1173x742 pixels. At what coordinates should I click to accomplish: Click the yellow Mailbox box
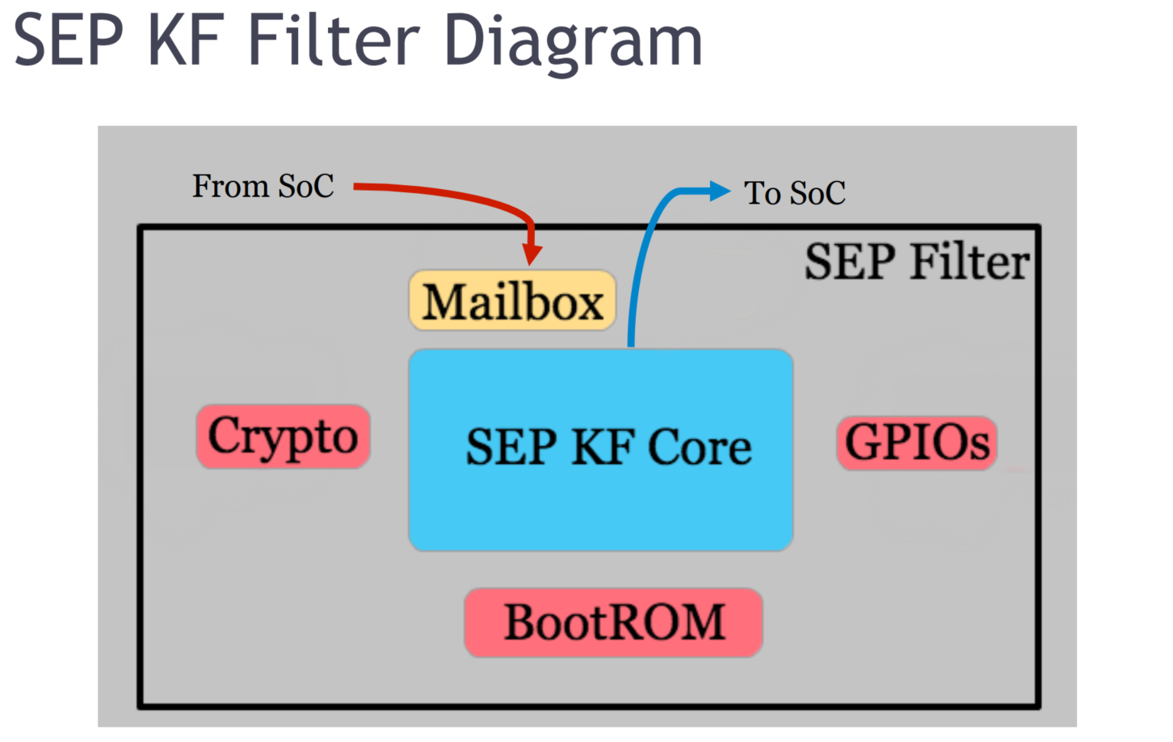point(512,300)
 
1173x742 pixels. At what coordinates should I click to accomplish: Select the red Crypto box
point(284,436)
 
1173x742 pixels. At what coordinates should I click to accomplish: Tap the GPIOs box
point(917,443)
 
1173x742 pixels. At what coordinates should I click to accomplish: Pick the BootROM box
point(613,622)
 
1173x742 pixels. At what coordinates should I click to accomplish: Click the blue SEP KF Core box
point(601,449)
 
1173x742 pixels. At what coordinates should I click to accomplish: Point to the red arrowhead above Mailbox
point(532,255)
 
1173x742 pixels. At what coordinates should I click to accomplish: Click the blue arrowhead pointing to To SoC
point(720,192)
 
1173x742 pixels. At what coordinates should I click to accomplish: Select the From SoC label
point(263,186)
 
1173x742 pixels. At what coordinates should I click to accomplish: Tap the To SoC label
point(794,193)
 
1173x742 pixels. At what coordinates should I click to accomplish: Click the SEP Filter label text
point(917,262)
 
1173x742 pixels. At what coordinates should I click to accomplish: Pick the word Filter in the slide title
point(334,40)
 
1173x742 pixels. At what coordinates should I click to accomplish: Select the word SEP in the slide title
point(68,40)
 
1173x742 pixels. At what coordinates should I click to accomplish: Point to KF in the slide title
point(187,40)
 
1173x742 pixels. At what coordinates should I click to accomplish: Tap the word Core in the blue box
point(700,447)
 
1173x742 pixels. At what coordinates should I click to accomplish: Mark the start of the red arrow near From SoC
point(355,187)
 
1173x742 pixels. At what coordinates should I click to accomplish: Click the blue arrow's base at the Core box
point(631,346)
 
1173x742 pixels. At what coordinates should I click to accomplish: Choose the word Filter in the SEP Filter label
point(969,262)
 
